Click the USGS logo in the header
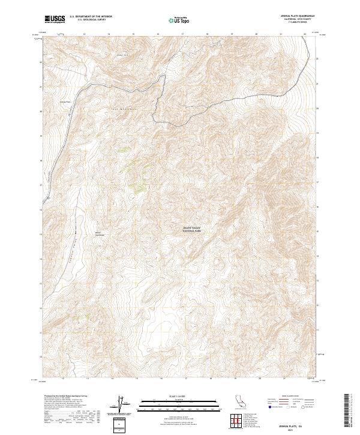[x=55, y=20]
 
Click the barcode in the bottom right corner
[x=350, y=411]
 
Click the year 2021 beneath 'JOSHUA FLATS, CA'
[x=297, y=429]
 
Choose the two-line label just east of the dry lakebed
[x=98, y=234]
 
